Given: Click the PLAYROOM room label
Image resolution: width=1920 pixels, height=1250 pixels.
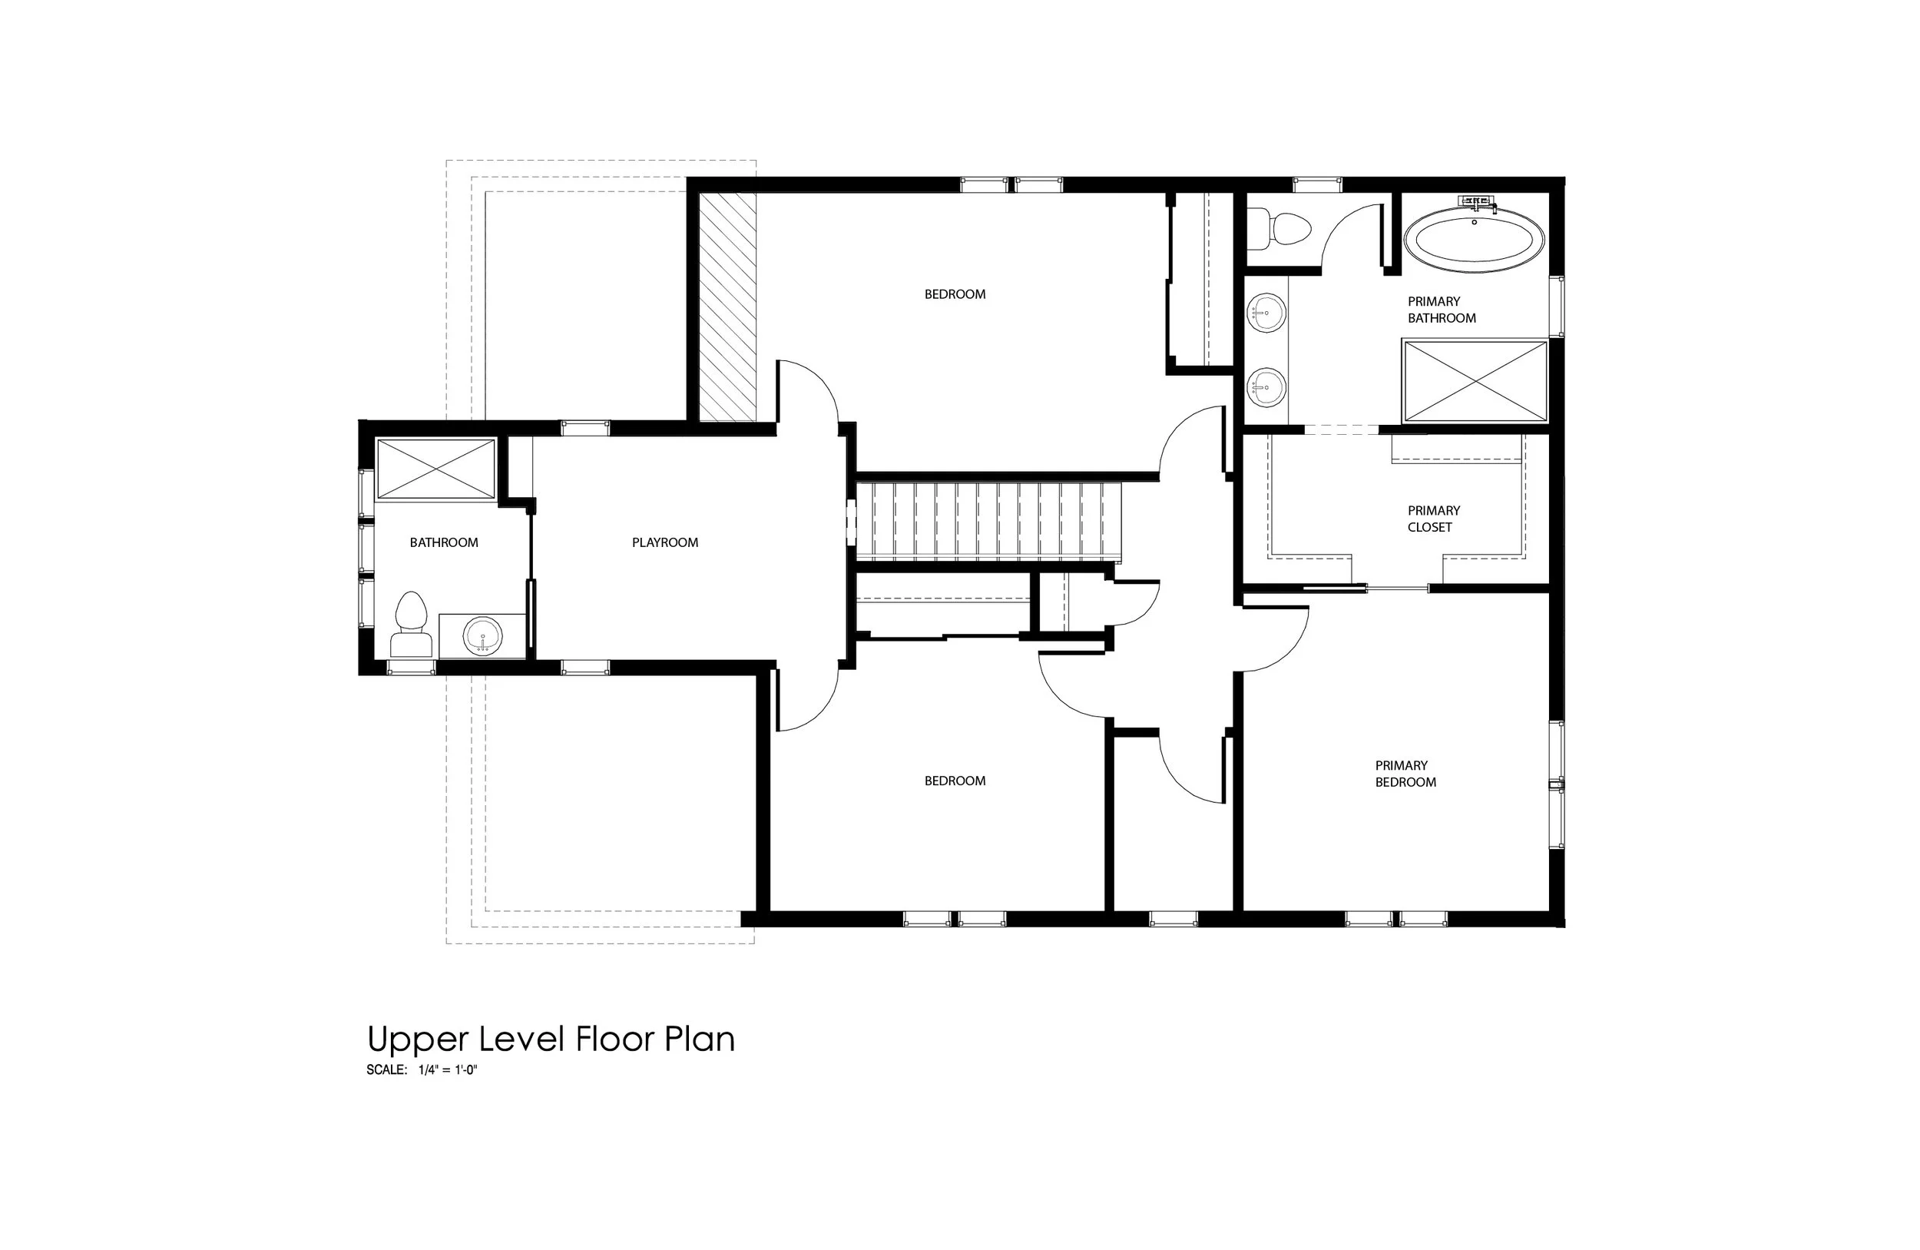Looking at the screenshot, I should click(665, 542).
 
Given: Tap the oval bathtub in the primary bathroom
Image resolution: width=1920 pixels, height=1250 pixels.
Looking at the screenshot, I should click(1475, 240).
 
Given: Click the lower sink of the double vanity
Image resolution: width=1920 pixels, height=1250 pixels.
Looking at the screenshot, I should click(1266, 388).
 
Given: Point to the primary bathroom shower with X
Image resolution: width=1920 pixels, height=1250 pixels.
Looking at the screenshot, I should click(1475, 381).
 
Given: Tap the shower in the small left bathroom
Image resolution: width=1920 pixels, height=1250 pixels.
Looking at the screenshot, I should click(435, 469).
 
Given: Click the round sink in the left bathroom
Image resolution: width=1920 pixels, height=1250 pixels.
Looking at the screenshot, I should click(483, 637).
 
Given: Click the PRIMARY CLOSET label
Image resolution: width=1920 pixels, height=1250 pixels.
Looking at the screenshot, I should click(1434, 519).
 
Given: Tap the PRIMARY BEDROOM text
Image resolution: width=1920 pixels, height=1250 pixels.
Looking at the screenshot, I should click(1405, 773).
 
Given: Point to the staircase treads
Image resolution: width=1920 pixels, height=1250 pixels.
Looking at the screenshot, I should click(988, 520).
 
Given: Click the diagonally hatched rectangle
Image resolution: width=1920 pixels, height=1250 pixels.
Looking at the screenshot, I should click(727, 307).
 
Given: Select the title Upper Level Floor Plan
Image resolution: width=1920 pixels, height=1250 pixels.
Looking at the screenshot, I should click(551, 1039).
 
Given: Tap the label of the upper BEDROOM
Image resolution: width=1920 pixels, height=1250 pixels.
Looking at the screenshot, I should click(955, 294).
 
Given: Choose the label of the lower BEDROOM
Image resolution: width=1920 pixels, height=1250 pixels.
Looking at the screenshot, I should click(955, 781).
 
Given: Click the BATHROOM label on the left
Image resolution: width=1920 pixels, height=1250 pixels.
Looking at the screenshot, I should click(444, 542).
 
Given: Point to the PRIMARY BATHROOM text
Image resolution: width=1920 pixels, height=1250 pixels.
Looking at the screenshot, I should click(1441, 310).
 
